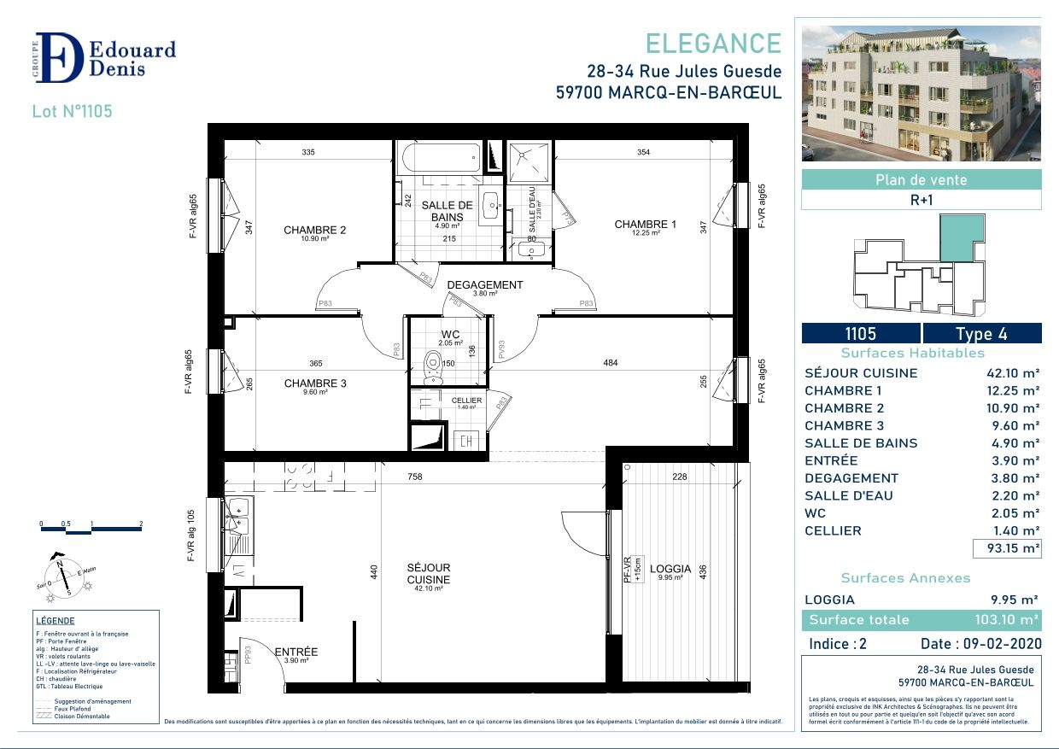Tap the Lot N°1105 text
click(x=72, y=111)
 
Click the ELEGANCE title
click(x=712, y=44)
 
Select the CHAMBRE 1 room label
click(x=645, y=225)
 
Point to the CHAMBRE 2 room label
click(x=314, y=230)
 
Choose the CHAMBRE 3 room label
click(x=314, y=383)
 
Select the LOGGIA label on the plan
click(x=670, y=569)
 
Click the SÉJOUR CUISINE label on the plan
click(x=429, y=573)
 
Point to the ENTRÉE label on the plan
click(x=296, y=652)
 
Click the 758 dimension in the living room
click(x=414, y=477)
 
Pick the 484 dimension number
click(x=610, y=363)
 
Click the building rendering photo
click(x=921, y=93)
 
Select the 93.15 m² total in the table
click(x=1012, y=548)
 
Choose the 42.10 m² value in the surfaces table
click(x=1013, y=373)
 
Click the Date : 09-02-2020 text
click(x=980, y=644)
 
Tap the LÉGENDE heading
click(x=56, y=621)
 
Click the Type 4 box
click(x=982, y=334)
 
